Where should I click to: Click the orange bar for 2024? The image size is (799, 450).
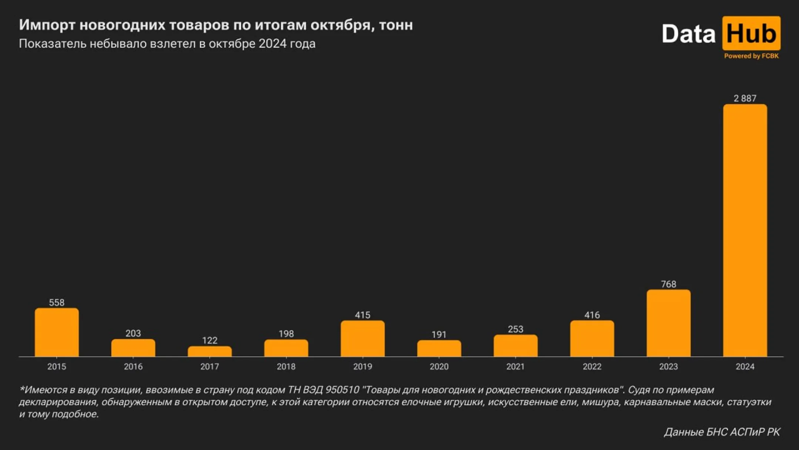(745, 230)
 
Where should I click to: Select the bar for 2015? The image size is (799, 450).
(57, 332)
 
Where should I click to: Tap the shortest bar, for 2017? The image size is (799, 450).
(209, 351)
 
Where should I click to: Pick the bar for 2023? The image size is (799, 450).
(668, 323)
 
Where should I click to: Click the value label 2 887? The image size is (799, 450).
(745, 99)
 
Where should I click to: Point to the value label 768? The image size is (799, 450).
(668, 284)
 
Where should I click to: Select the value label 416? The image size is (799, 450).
(592, 315)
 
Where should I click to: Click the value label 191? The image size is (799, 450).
(439, 335)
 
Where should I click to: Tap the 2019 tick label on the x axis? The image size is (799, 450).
(362, 367)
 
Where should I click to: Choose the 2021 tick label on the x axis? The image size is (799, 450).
(515, 367)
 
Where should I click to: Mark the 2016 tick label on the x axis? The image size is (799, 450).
(133, 367)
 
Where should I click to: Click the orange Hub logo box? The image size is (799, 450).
(751, 33)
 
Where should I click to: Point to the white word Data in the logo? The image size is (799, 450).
(688, 34)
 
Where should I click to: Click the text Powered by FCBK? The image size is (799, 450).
(751, 56)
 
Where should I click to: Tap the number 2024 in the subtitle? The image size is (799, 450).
(272, 44)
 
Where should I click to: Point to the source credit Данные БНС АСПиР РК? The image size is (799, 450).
(722, 432)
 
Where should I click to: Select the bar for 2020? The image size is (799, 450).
(439, 349)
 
